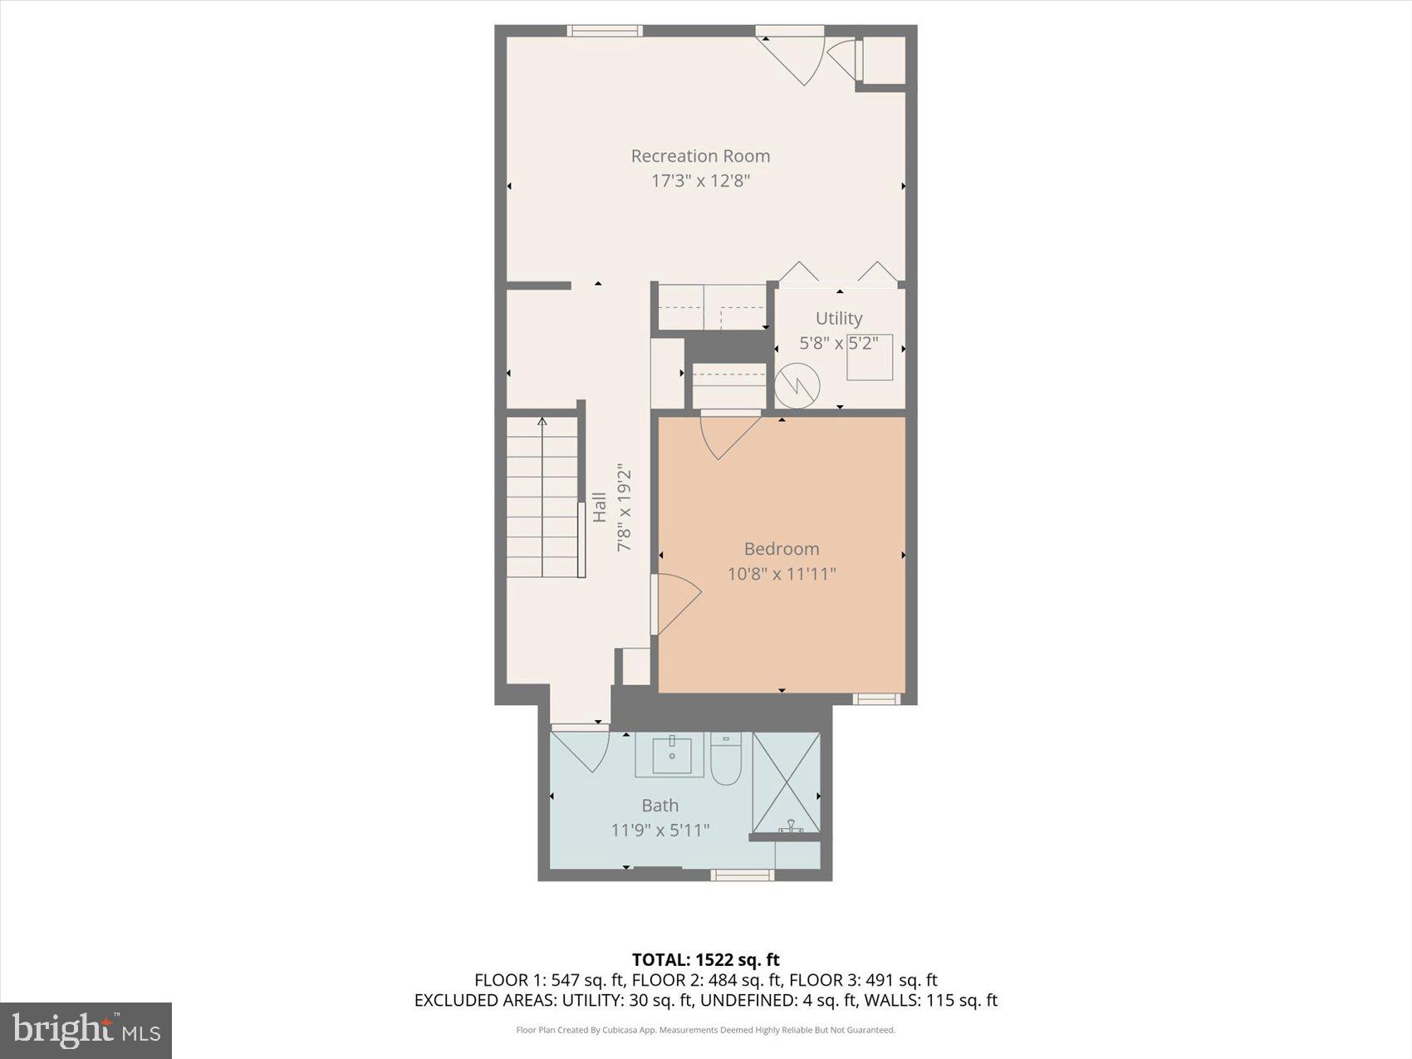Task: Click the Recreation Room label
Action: (x=700, y=156)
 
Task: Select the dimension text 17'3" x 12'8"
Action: (x=700, y=181)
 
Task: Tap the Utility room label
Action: (x=838, y=318)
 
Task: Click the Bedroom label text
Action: (x=781, y=549)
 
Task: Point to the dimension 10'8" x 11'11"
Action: (x=781, y=574)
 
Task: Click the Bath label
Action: (x=659, y=806)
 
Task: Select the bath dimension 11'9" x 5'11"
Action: (x=659, y=831)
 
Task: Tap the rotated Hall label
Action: (x=599, y=507)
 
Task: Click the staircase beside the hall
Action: (x=542, y=498)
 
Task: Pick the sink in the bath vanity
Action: (x=671, y=756)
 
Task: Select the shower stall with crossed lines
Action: (x=786, y=782)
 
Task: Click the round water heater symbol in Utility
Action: (x=797, y=385)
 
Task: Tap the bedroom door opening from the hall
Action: (x=675, y=603)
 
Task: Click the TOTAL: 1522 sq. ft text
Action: (x=705, y=960)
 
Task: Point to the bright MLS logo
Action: (x=86, y=1031)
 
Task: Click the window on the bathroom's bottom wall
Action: (x=742, y=875)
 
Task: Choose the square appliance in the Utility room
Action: (x=870, y=358)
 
